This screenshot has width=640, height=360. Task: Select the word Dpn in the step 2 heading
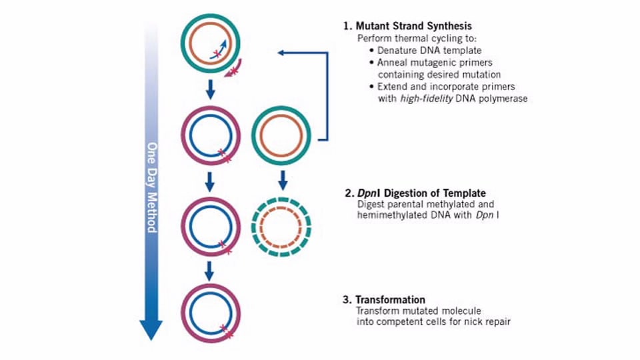click(x=365, y=193)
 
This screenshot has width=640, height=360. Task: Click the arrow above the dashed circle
click(x=282, y=179)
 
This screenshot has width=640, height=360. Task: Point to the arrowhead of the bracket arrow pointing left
click(x=281, y=52)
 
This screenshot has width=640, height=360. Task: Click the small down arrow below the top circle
click(x=209, y=89)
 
